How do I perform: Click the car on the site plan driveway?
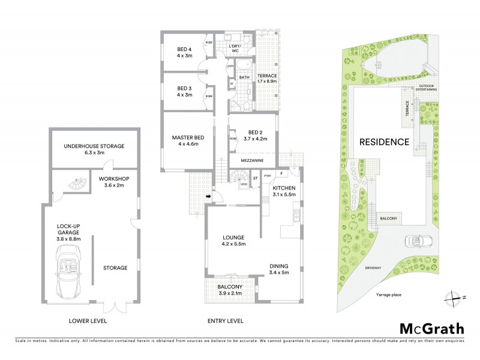[415, 241]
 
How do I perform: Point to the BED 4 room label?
[184, 52]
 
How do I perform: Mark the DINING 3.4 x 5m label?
[279, 269]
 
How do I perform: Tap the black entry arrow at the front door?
[208, 196]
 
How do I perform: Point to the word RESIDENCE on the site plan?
[384, 142]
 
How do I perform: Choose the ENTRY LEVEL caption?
[226, 321]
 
